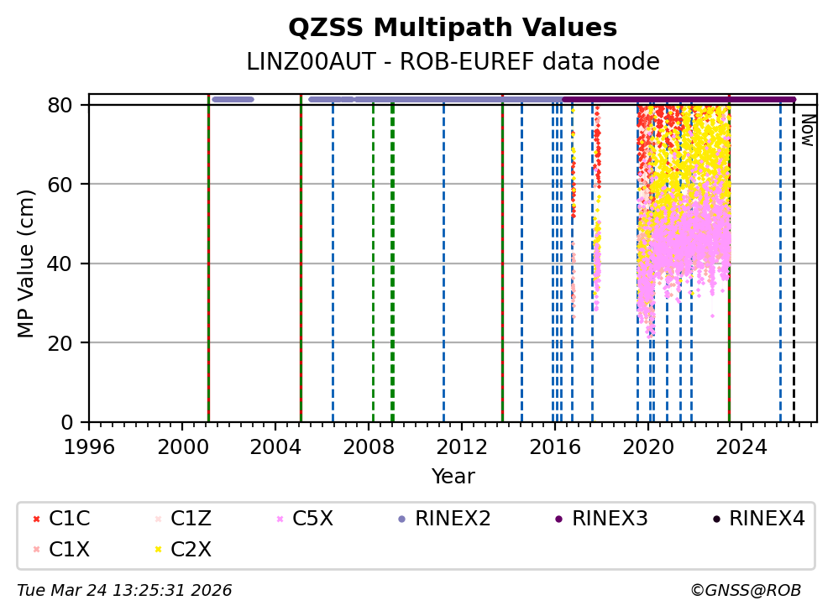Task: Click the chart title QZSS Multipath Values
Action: point(453,29)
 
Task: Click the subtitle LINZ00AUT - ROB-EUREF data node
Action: point(453,62)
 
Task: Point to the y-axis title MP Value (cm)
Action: point(27,264)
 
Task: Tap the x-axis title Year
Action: point(453,478)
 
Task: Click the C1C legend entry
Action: point(64,519)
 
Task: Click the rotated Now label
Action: point(807,130)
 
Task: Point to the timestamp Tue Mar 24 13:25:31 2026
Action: point(124,591)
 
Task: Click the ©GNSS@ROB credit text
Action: point(746,591)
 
